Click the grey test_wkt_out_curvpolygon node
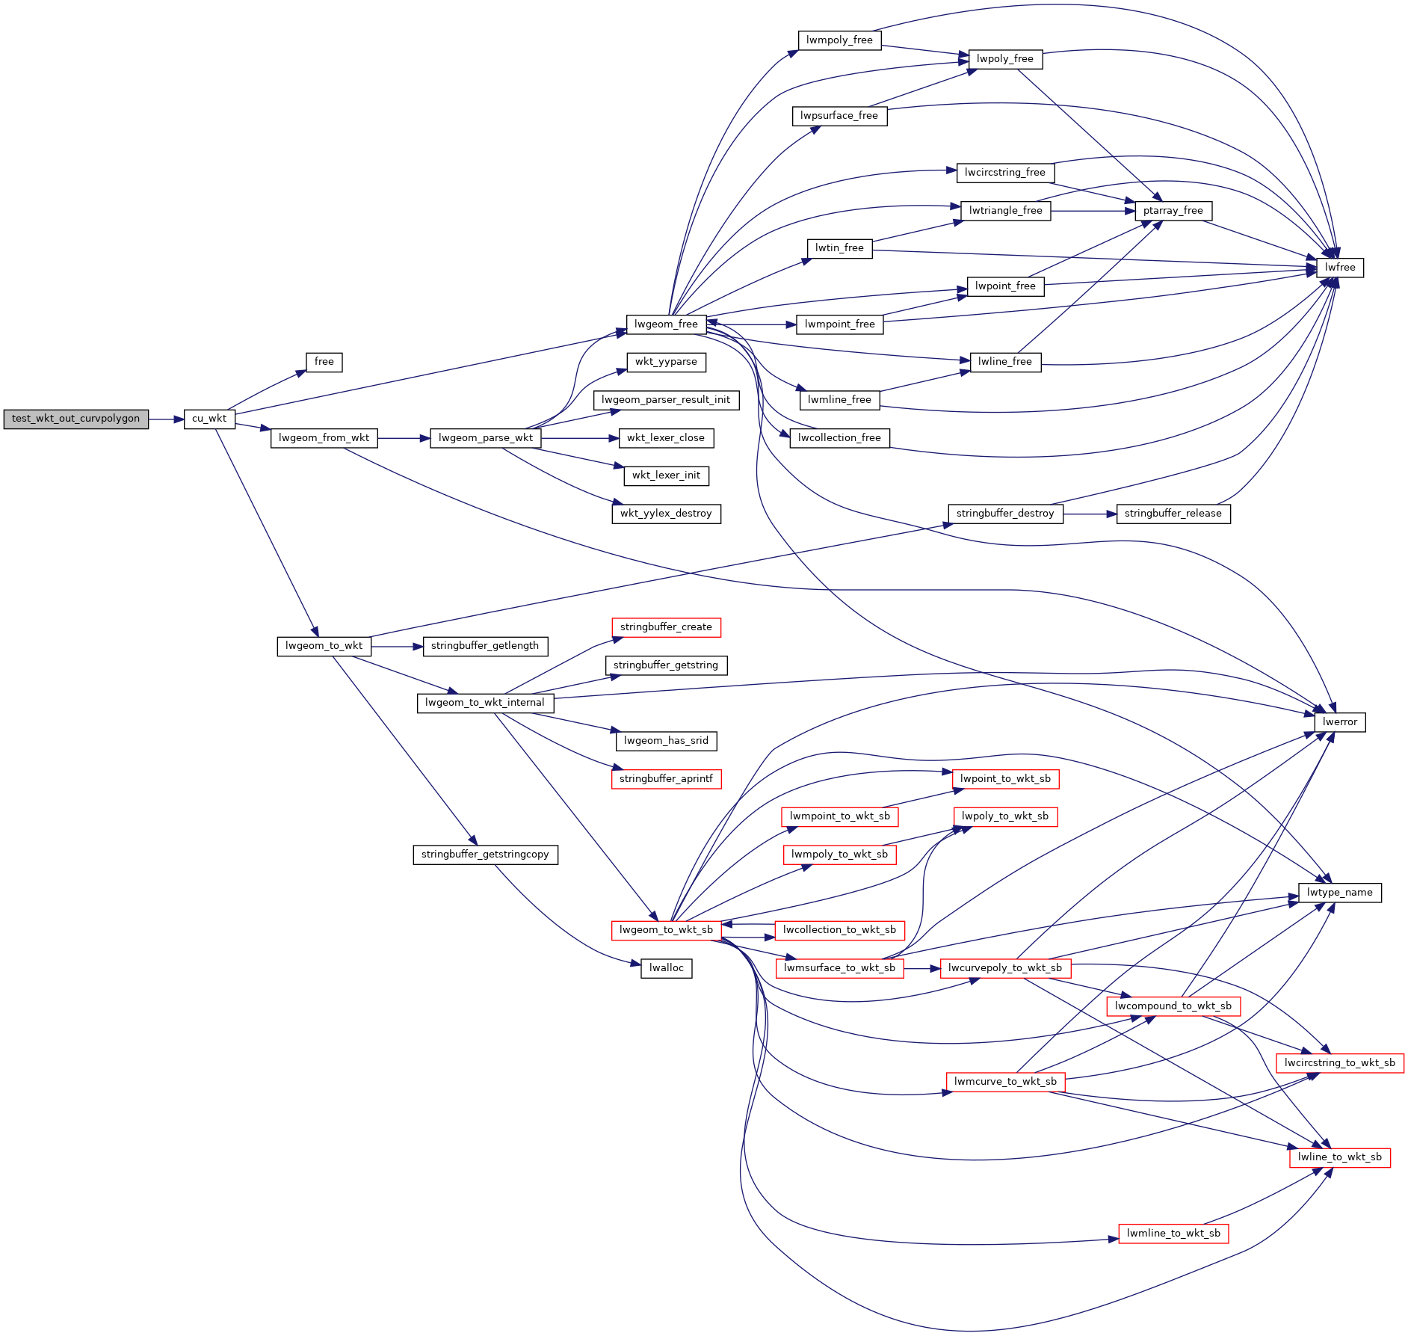[75, 419]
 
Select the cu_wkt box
[209, 419]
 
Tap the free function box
[324, 362]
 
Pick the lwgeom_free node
[666, 324]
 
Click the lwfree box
[1339, 268]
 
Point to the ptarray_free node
[1173, 211]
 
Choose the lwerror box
[1339, 722]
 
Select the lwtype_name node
[1339, 893]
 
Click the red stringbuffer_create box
[666, 627]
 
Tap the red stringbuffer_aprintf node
[666, 779]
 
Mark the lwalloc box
[666, 968]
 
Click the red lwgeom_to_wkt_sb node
[666, 930]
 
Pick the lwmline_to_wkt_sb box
[1173, 1234]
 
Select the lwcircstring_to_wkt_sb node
[1339, 1063]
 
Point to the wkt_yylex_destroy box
[666, 514]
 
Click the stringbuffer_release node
[1173, 514]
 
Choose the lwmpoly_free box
[839, 40]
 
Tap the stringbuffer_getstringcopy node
[485, 855]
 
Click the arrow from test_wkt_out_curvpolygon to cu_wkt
[166, 419]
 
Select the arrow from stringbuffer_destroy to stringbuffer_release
[1089, 514]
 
